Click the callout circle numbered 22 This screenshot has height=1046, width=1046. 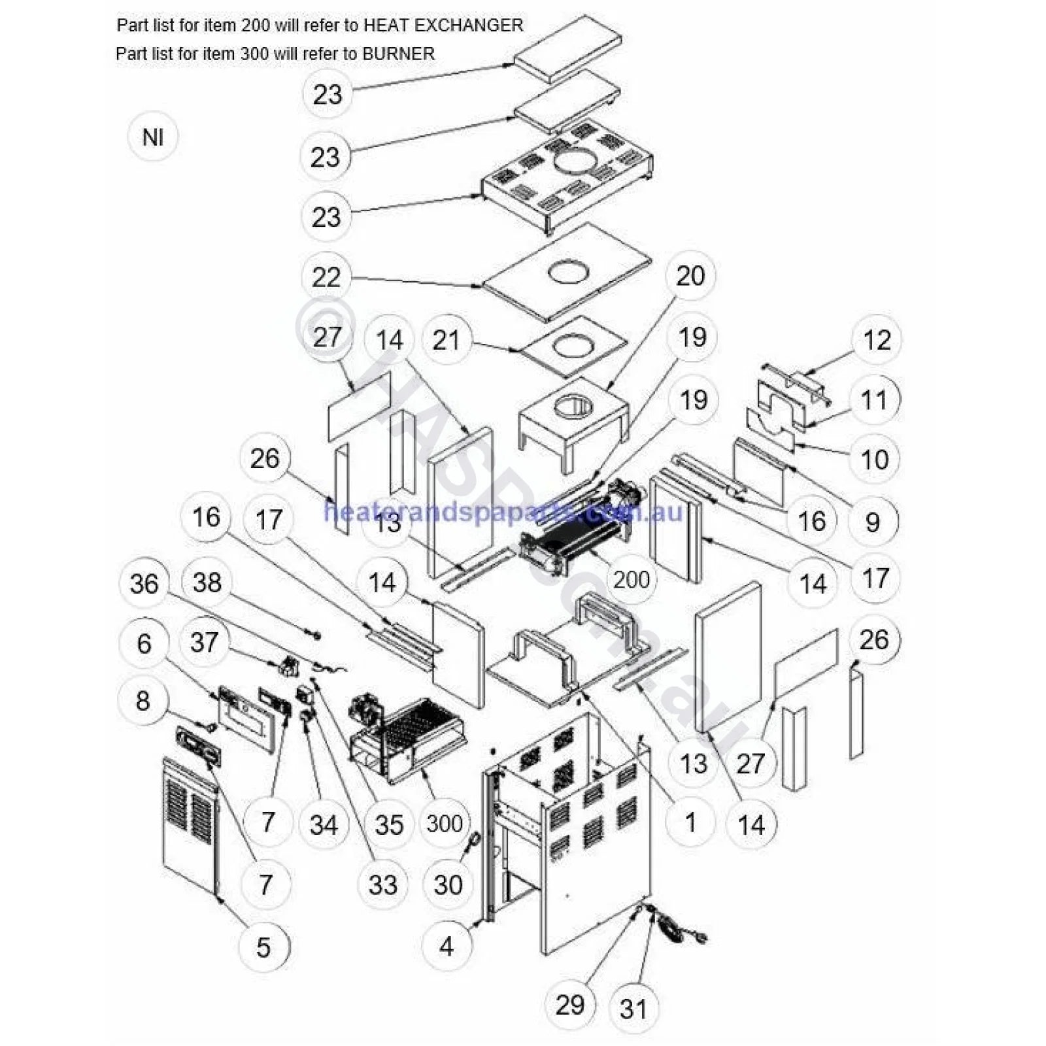pos(326,277)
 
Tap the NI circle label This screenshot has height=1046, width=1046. pos(153,137)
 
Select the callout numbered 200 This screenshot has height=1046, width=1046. pos(631,579)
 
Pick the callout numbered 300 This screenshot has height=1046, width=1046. pos(445,823)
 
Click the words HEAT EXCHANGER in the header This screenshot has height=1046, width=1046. pos(443,25)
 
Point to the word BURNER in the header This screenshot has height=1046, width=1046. pos(398,54)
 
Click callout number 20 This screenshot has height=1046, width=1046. pos(690,276)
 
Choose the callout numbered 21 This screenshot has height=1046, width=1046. pos(447,340)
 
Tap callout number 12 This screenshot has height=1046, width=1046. pos(877,340)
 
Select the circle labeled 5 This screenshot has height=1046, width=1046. pos(263,947)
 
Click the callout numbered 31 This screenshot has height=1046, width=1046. pos(633,1009)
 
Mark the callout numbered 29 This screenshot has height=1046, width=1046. pos(569,1004)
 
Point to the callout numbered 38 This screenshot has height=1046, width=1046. pos(207,582)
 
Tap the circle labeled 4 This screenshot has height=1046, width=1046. pos(447,945)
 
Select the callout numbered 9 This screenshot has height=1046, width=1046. pos(873,522)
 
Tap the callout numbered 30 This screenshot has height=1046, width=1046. pos(448,885)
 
